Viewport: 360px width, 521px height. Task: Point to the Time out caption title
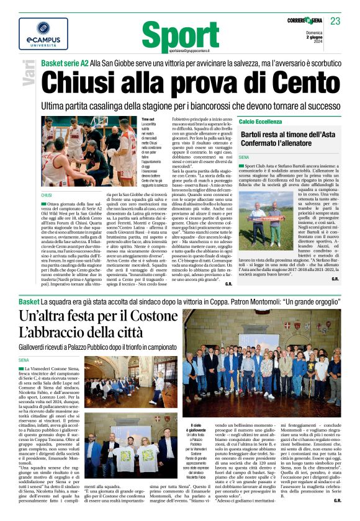pos(148,119)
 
